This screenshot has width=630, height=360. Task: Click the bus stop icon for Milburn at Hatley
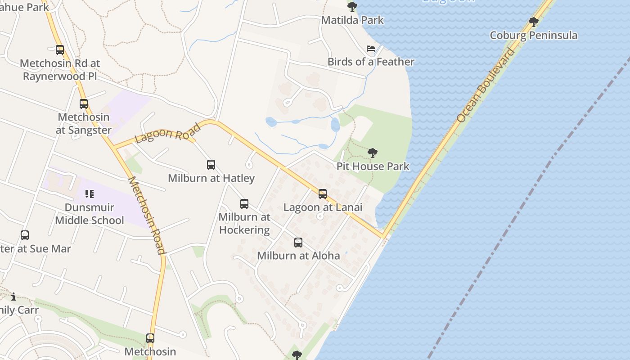click(211, 165)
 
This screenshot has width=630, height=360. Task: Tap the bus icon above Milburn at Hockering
click(244, 204)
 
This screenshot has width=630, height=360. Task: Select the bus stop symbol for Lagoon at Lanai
click(323, 194)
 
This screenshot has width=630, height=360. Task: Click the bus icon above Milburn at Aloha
click(298, 243)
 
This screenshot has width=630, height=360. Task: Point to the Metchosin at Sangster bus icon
click(84, 104)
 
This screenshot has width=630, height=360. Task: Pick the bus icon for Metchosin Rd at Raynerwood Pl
click(60, 50)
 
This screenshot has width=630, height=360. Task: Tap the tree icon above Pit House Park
click(373, 153)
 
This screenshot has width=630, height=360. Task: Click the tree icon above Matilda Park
click(352, 7)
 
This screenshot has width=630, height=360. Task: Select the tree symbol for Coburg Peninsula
click(534, 22)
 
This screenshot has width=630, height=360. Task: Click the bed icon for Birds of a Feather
click(371, 49)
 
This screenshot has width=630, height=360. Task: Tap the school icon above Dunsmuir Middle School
click(90, 194)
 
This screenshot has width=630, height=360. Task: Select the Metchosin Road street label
click(147, 215)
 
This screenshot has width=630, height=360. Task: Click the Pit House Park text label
click(373, 166)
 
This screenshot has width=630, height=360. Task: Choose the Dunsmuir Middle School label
click(90, 214)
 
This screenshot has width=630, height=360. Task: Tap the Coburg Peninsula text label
click(534, 36)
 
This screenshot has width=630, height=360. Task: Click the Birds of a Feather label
click(371, 62)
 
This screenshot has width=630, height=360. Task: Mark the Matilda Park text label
click(352, 20)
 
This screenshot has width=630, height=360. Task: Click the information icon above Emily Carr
click(13, 297)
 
